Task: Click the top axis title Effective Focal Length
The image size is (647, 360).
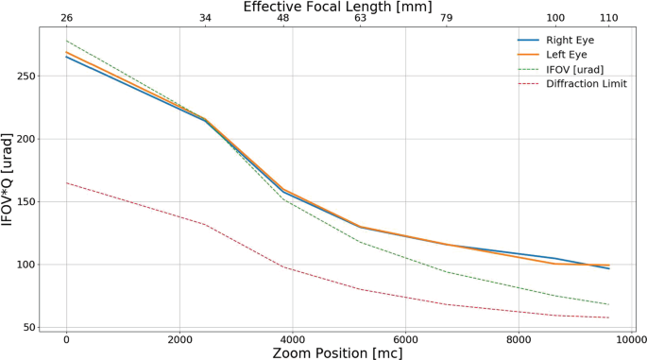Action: pos(337,7)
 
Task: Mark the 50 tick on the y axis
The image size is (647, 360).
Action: pos(30,328)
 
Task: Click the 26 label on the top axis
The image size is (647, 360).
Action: pos(66,19)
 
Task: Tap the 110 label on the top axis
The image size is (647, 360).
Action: pos(609,19)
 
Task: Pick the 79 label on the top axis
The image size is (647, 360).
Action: pos(447,19)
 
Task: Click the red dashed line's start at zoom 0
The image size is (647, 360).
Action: pos(66,182)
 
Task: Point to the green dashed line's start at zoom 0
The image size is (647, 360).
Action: pos(66,41)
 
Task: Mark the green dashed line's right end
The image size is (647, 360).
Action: pos(609,304)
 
